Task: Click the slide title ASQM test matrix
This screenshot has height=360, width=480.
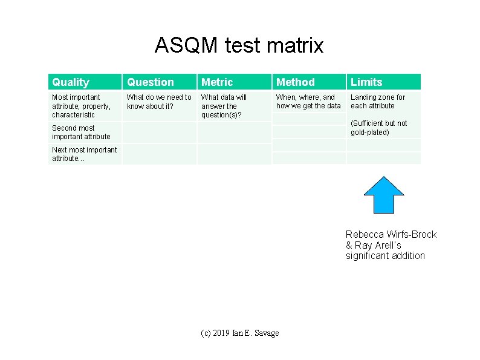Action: (x=239, y=45)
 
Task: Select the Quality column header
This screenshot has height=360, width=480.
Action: (x=71, y=82)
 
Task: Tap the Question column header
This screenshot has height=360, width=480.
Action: (x=151, y=82)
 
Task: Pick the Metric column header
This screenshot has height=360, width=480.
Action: (x=217, y=82)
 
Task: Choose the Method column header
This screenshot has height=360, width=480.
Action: (x=296, y=82)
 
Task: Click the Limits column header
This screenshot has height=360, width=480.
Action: (x=367, y=82)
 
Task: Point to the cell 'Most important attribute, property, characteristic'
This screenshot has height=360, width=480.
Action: (x=77, y=106)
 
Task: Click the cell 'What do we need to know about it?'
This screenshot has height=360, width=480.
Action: (x=159, y=102)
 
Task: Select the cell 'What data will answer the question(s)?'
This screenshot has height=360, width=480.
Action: (x=224, y=106)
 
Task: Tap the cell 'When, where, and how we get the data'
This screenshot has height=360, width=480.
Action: (x=308, y=102)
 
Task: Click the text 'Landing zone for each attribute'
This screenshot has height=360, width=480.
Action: (x=378, y=102)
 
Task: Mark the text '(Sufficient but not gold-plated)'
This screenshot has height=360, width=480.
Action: (x=379, y=128)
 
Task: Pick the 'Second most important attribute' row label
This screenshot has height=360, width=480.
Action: (x=81, y=132)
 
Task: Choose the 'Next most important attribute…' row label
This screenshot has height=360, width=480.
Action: (x=84, y=154)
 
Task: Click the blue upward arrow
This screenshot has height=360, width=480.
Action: (x=383, y=195)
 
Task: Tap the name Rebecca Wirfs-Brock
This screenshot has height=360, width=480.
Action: (x=391, y=235)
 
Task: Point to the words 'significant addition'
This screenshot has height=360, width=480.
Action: (x=385, y=255)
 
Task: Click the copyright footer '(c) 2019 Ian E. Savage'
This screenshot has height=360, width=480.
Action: (x=240, y=333)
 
